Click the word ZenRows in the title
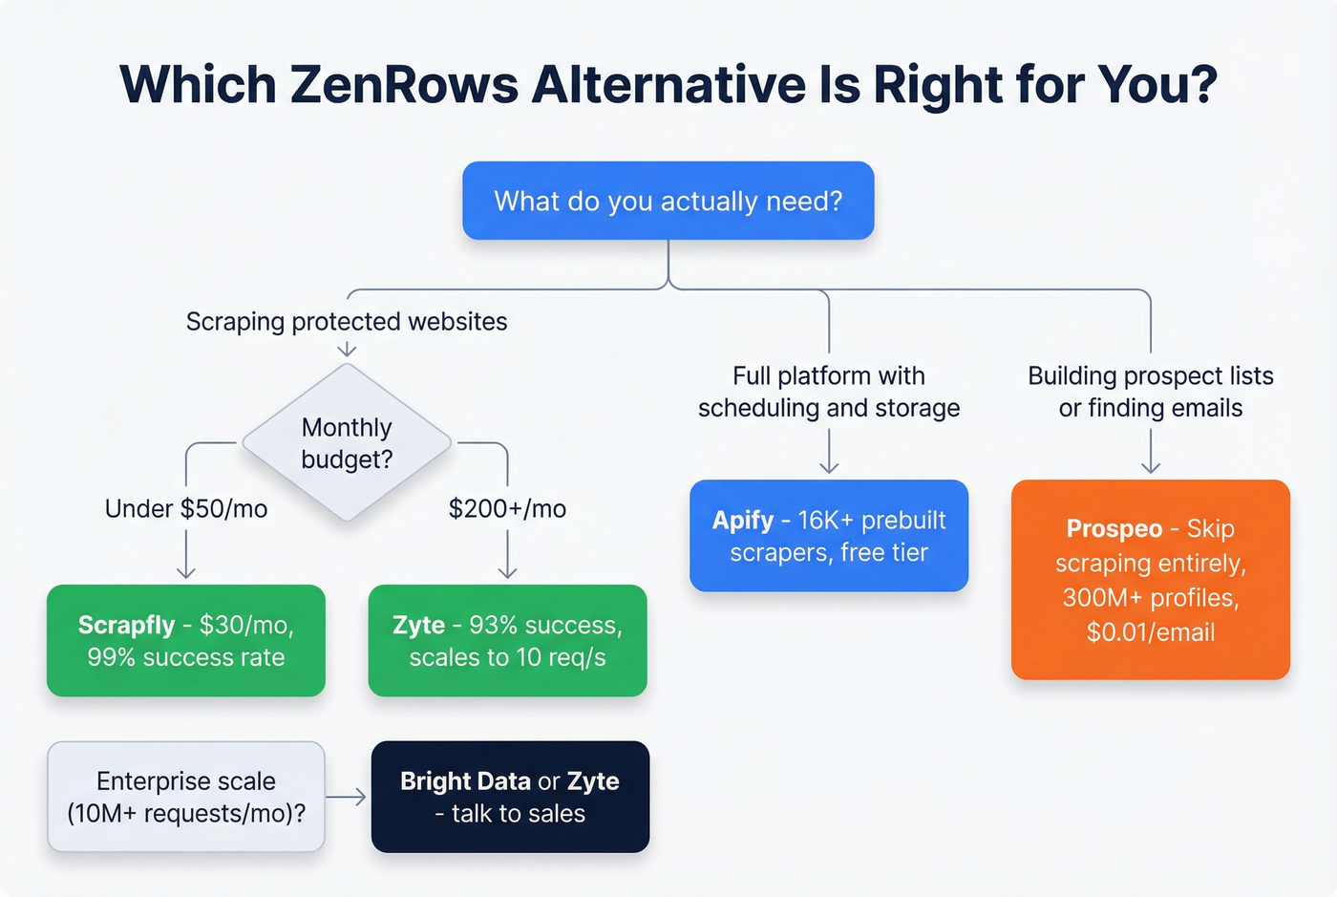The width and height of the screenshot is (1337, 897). point(404,84)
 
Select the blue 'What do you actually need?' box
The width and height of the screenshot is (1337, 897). point(668,201)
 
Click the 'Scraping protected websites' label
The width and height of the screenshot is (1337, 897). point(347,321)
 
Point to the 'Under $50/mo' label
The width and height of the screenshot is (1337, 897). point(186,508)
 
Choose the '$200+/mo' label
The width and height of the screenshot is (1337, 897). point(507,508)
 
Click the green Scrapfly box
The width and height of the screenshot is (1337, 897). point(186,640)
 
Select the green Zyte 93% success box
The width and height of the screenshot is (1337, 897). point(507,640)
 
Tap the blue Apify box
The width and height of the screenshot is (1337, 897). point(829,535)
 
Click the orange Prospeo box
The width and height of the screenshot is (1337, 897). point(1151,579)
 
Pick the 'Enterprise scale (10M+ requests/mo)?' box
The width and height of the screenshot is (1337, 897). point(186,797)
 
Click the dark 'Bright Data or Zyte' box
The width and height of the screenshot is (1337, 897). point(510,797)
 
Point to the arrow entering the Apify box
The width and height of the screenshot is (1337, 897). point(829,453)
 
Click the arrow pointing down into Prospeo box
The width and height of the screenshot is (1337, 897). point(1151,453)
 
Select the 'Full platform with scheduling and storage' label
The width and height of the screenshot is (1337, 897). point(829,392)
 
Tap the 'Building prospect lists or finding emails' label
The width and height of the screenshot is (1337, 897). point(1151,392)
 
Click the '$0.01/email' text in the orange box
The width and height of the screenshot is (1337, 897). point(1151,631)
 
